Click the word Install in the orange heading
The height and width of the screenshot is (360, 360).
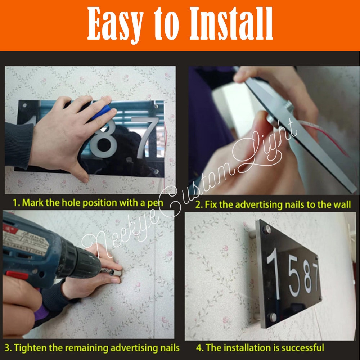coord(231,23)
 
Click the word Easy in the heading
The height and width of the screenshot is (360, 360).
coord(115,25)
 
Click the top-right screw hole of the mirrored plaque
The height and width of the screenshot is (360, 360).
coord(156,106)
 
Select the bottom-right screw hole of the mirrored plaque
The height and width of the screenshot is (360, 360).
coord(156,171)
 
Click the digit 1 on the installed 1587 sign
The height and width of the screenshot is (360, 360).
coord(274,273)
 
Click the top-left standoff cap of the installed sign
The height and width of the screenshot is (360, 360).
coord(266,229)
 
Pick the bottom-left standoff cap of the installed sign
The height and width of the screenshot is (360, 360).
coord(273,317)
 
